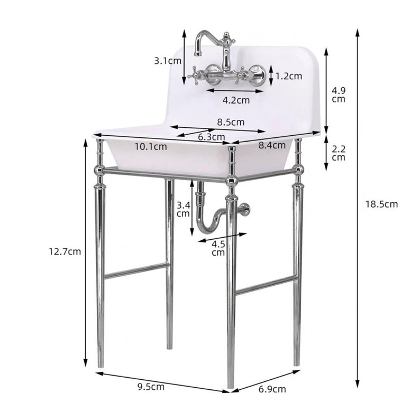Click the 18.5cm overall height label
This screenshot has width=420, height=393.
coord(382,204)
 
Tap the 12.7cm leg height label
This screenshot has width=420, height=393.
coord(65,251)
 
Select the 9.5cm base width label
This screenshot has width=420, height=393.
coord(151,387)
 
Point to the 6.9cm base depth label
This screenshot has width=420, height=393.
coord(272,389)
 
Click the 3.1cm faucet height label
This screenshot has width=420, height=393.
coord(168,61)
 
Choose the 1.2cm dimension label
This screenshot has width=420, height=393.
coord(289,76)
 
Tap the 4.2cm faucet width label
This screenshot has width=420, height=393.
coord(236,100)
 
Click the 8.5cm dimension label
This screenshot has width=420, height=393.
coord(231,122)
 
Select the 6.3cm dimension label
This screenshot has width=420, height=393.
coord(212,137)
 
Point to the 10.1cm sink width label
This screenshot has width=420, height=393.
coord(151,147)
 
